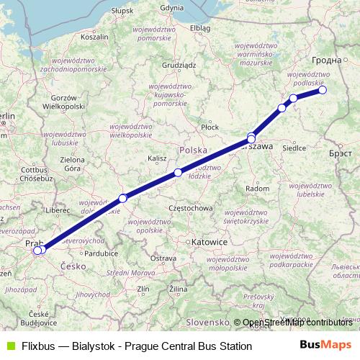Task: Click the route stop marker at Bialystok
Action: coord(323,90)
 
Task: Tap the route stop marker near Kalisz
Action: coord(178,173)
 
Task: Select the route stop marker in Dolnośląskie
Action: coord(123,198)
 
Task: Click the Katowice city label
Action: coord(210,243)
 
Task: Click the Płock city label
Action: coord(210,127)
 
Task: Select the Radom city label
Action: coord(258,188)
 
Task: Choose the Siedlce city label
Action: coord(294,148)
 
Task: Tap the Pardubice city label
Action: coord(101,253)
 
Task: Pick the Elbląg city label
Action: coord(200,28)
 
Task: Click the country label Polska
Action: coord(193,150)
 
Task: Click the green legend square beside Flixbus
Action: coord(9,346)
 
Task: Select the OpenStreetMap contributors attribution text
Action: coord(297,323)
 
